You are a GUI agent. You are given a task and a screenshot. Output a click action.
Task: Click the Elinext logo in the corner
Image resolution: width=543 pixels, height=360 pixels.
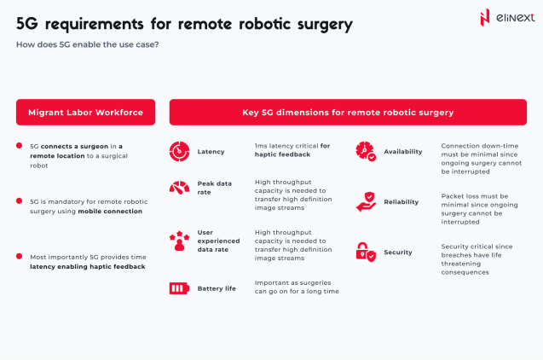pyautogui.click(x=504, y=18)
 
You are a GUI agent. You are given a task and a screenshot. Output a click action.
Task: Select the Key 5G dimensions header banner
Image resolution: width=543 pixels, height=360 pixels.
pyautogui.click(x=347, y=112)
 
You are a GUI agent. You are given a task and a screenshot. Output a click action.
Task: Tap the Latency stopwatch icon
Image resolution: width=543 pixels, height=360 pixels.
pyautogui.click(x=178, y=151)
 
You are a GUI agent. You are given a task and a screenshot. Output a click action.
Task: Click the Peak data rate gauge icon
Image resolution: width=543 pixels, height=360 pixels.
pyautogui.click(x=178, y=188)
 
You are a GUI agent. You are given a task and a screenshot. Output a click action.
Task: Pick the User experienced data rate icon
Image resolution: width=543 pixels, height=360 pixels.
pyautogui.click(x=178, y=240)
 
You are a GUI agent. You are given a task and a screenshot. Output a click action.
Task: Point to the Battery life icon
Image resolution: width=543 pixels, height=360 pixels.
pyautogui.click(x=178, y=288)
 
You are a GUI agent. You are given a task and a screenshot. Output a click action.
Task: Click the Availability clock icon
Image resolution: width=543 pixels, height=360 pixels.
pyautogui.click(x=365, y=151)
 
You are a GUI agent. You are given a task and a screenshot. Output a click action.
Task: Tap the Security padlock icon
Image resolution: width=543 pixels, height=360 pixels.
pyautogui.click(x=365, y=252)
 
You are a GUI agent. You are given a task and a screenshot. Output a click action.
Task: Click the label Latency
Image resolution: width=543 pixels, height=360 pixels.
pyautogui.click(x=211, y=152)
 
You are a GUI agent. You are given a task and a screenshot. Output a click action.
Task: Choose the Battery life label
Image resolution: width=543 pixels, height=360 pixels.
pyautogui.click(x=217, y=289)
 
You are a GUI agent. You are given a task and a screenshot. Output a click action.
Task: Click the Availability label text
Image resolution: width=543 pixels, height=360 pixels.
pyautogui.click(x=403, y=152)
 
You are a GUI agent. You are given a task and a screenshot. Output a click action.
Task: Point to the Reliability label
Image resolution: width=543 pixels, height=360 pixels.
pyautogui.click(x=401, y=203)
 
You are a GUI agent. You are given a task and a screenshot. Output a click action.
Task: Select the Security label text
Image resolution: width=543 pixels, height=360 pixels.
pyautogui.click(x=398, y=253)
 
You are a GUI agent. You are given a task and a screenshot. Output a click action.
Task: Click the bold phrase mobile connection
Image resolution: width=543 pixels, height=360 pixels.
pyautogui.click(x=110, y=211)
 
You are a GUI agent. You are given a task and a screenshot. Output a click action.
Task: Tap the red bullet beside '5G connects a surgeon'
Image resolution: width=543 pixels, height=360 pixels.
pyautogui.click(x=20, y=146)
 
